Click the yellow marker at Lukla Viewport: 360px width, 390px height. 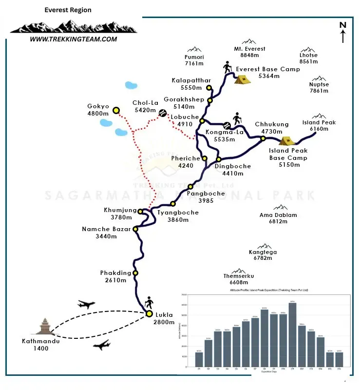(148, 314)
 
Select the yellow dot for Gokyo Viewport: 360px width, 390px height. (116, 110)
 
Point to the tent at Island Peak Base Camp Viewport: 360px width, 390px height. (286, 141)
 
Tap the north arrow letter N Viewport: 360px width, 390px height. (343, 25)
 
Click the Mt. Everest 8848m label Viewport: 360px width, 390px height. (249, 52)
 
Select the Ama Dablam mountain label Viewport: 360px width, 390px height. (278, 218)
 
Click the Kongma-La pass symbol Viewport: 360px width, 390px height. (227, 124)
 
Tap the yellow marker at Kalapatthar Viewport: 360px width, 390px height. (208, 88)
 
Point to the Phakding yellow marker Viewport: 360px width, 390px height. (135, 273)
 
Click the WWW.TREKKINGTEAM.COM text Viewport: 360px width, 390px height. (73, 39)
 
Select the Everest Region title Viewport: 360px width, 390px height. (68, 10)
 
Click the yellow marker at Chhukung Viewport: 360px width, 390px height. (263, 138)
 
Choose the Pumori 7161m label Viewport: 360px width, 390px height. (194, 60)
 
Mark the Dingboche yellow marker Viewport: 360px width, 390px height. (219, 159)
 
